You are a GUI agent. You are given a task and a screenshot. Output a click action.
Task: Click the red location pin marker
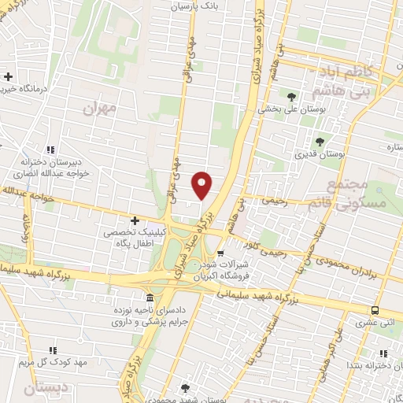click(x=202, y=185)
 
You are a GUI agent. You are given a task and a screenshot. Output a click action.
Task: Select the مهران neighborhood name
click(x=98, y=108)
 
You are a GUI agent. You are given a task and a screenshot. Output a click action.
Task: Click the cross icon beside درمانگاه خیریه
click(x=9, y=76)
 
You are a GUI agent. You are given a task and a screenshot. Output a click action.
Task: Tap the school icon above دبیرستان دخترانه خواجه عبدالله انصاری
click(x=51, y=149)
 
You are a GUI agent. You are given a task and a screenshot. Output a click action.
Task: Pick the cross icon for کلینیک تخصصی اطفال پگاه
click(x=135, y=221)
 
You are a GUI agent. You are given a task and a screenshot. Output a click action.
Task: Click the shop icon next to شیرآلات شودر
click(x=220, y=253)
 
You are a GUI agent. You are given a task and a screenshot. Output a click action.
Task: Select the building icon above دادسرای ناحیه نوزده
click(x=149, y=298)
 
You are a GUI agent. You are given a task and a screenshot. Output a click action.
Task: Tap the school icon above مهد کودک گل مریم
click(x=53, y=349)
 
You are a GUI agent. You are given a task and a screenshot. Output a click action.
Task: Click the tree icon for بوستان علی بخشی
click(x=292, y=95)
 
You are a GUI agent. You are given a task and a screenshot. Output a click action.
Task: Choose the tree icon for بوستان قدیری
click(x=320, y=142)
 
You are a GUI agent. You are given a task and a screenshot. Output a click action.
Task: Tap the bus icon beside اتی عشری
click(x=375, y=311)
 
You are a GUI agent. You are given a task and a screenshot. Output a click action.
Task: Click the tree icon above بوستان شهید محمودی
click(x=184, y=387)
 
